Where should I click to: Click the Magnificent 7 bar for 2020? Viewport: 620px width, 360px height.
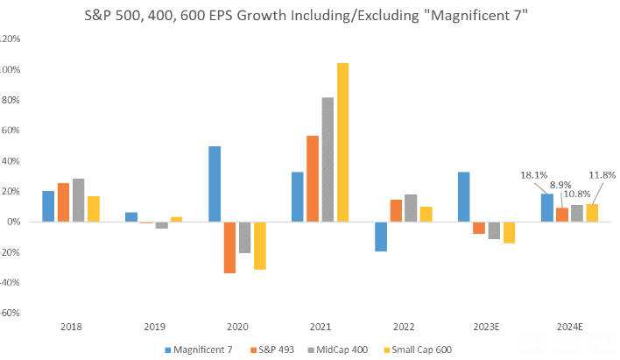[x=215, y=184]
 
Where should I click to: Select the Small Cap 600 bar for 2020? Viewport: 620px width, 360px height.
[x=260, y=245]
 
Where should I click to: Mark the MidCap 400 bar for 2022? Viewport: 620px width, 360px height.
[x=411, y=208]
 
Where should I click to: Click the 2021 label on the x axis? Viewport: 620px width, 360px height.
[x=320, y=326]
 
